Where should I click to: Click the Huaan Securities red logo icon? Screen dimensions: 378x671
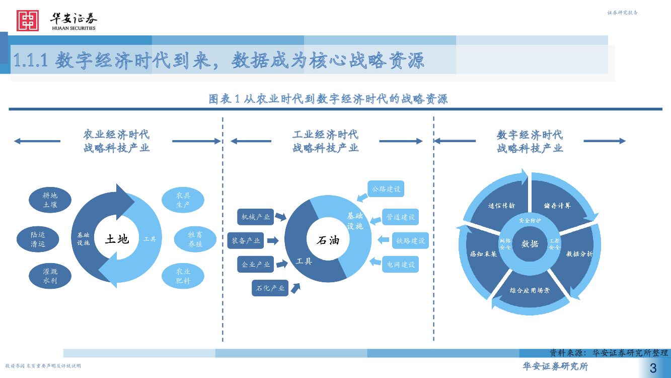(x=27, y=21)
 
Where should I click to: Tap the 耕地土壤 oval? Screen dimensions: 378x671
(x=50, y=200)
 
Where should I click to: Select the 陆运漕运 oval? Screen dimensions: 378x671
(x=38, y=239)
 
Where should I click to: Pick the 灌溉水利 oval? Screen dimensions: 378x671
(x=50, y=276)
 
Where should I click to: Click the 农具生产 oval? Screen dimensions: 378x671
(x=183, y=200)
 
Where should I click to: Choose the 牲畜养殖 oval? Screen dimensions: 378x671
(x=195, y=239)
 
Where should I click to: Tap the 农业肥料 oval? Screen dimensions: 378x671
(x=183, y=276)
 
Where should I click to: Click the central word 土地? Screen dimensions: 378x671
(x=117, y=239)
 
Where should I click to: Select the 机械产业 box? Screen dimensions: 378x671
(x=256, y=217)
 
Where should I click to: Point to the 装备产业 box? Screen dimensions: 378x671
(x=246, y=241)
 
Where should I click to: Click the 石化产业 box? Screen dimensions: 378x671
(x=270, y=288)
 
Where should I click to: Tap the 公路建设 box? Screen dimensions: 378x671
(x=386, y=189)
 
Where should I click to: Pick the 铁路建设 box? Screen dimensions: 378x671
(x=411, y=241)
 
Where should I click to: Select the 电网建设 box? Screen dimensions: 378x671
(x=401, y=264)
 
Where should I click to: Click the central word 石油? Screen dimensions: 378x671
(x=328, y=240)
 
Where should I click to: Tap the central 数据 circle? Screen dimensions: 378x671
(x=530, y=244)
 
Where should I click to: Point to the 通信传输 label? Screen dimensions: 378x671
(x=501, y=206)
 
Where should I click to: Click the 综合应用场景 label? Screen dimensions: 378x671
(x=530, y=291)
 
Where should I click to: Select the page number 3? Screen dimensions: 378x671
(x=653, y=367)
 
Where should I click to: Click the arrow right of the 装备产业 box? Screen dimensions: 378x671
(x=272, y=241)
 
